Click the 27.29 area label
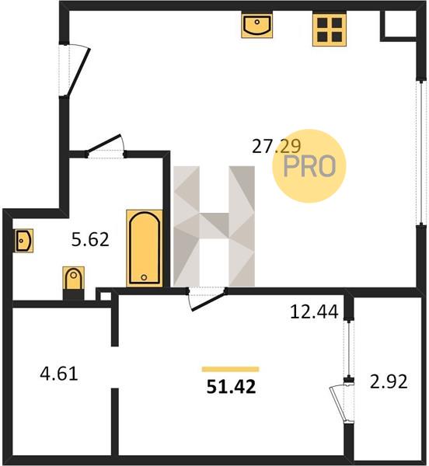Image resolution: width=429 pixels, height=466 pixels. (x=276, y=146)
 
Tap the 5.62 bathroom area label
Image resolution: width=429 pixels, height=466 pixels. (x=90, y=239)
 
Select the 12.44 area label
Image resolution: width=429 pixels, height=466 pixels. (x=314, y=311)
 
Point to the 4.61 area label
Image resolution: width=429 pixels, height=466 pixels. (x=59, y=374)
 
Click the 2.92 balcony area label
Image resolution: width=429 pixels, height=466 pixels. (x=389, y=381)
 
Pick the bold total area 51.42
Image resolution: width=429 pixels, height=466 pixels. (x=231, y=387)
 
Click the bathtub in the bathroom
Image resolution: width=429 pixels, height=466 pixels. (x=145, y=249)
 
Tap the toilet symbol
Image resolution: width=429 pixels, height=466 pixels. (x=73, y=283)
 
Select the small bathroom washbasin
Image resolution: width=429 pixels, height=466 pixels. (x=24, y=241)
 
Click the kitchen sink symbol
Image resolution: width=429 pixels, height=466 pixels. (x=257, y=26)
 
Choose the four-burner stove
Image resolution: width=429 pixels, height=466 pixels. (x=330, y=30)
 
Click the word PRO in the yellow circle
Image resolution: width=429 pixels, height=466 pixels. (x=309, y=166)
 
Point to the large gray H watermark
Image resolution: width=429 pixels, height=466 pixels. (x=214, y=226)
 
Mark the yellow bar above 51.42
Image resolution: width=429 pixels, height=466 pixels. (x=230, y=369)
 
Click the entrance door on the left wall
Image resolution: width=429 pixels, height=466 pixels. (x=75, y=70)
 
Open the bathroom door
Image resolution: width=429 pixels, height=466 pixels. (x=105, y=146)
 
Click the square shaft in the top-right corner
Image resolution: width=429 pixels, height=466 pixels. (x=399, y=26)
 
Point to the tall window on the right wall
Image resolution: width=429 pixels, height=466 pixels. (x=421, y=152)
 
